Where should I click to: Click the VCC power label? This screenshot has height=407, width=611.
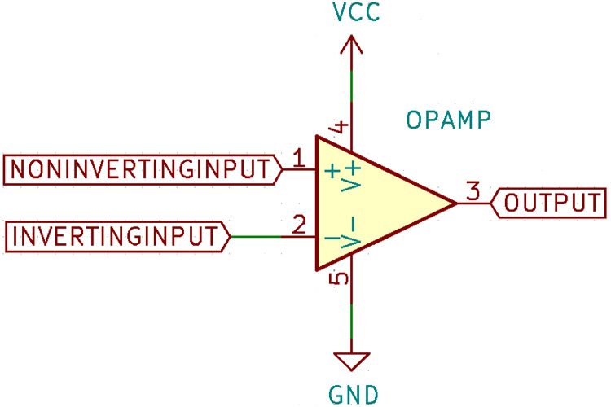[352, 13]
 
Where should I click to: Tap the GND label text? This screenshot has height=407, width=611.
[352, 395]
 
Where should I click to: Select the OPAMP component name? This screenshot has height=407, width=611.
[448, 121]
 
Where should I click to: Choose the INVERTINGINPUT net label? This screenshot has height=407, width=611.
[118, 237]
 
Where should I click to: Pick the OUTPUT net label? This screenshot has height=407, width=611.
[551, 203]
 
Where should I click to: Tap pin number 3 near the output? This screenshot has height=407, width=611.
[472, 192]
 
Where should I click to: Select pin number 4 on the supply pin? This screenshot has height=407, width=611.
[341, 128]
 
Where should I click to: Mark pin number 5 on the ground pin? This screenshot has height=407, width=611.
[341, 278]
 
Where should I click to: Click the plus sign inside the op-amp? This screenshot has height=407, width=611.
[332, 172]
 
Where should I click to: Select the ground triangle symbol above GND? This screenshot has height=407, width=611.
[352, 361]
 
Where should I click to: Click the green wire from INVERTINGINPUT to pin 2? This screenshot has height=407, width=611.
[256, 237]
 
